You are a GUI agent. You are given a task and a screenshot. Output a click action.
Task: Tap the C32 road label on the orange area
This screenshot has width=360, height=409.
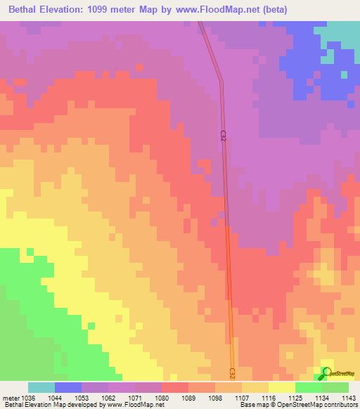[x=232, y=371]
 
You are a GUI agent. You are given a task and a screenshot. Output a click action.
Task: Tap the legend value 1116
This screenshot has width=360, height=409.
[x=268, y=398]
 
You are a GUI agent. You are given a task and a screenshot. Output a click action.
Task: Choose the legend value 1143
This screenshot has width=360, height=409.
[x=348, y=398]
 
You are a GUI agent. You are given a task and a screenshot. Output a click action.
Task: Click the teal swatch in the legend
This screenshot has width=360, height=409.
[x=41, y=387]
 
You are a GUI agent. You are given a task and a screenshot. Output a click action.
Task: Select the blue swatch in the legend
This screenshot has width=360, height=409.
[x=68, y=387]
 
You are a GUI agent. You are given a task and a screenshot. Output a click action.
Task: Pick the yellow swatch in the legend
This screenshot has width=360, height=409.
[x=281, y=387]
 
